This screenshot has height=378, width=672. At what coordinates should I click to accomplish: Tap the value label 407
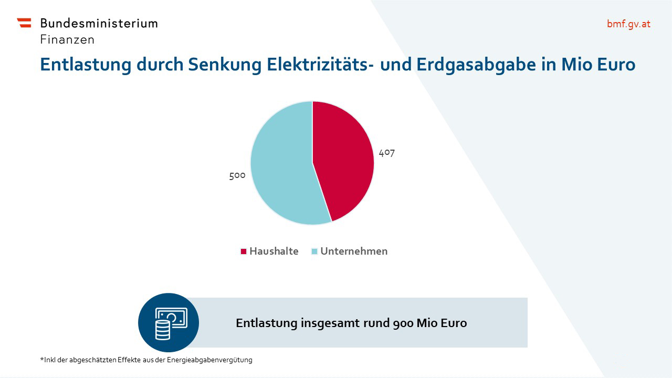click(386, 153)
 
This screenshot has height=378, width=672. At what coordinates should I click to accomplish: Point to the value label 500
click(237, 175)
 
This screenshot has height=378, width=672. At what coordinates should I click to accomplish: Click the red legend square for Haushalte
click(244, 251)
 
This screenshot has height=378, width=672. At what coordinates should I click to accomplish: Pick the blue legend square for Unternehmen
click(314, 251)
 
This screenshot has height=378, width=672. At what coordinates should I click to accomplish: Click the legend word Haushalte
click(274, 251)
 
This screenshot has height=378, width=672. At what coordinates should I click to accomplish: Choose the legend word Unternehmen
click(354, 251)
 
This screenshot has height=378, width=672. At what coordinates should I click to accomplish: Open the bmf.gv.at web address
click(628, 24)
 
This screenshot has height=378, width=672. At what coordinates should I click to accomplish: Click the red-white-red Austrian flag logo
click(24, 23)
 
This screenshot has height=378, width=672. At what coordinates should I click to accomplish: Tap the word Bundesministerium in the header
click(99, 23)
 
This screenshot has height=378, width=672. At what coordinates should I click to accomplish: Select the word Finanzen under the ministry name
click(67, 39)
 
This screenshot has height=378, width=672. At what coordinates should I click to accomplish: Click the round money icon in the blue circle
click(169, 323)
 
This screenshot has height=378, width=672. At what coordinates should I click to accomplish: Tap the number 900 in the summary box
click(403, 323)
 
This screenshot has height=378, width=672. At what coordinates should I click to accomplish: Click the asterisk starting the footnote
click(41, 359)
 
